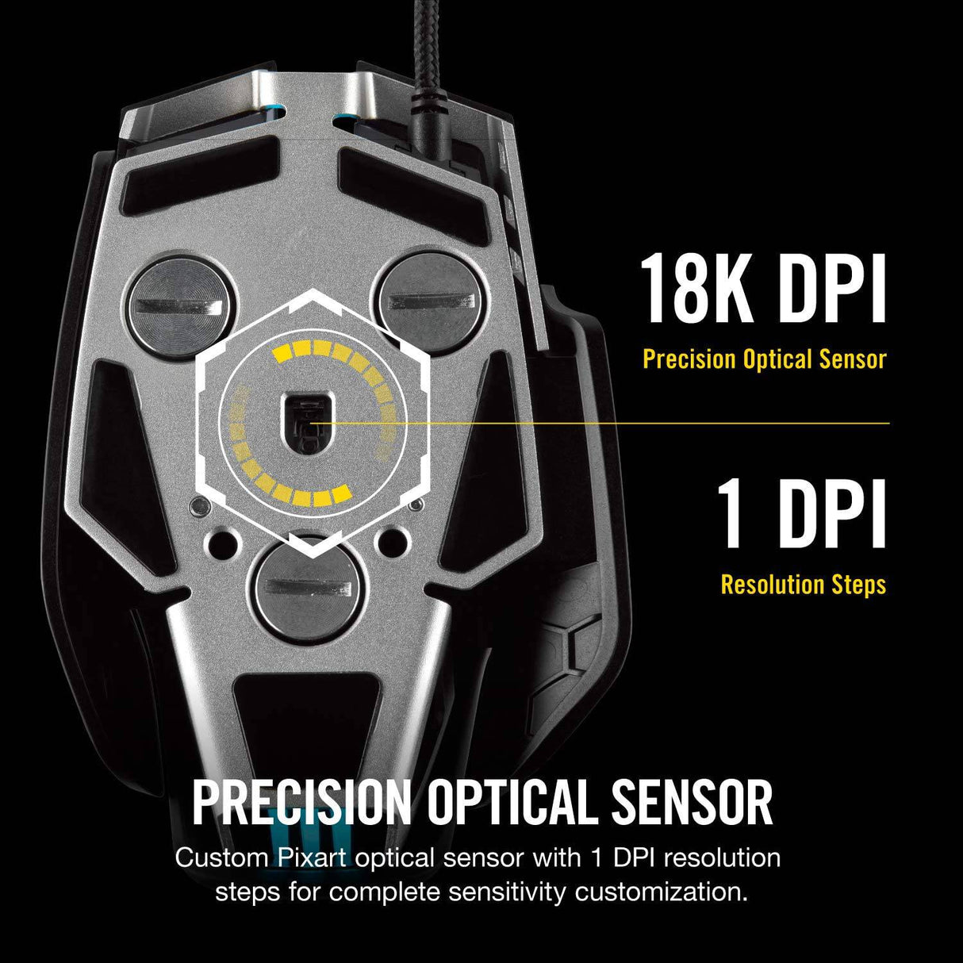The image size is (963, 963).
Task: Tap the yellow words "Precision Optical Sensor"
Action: pos(764,359)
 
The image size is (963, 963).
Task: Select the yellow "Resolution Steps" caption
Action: pos(804,584)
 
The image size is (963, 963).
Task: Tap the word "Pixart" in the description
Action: pos(310,857)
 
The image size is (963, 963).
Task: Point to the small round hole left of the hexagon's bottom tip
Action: pos(223,543)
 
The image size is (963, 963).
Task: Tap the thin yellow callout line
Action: pos(599,424)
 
